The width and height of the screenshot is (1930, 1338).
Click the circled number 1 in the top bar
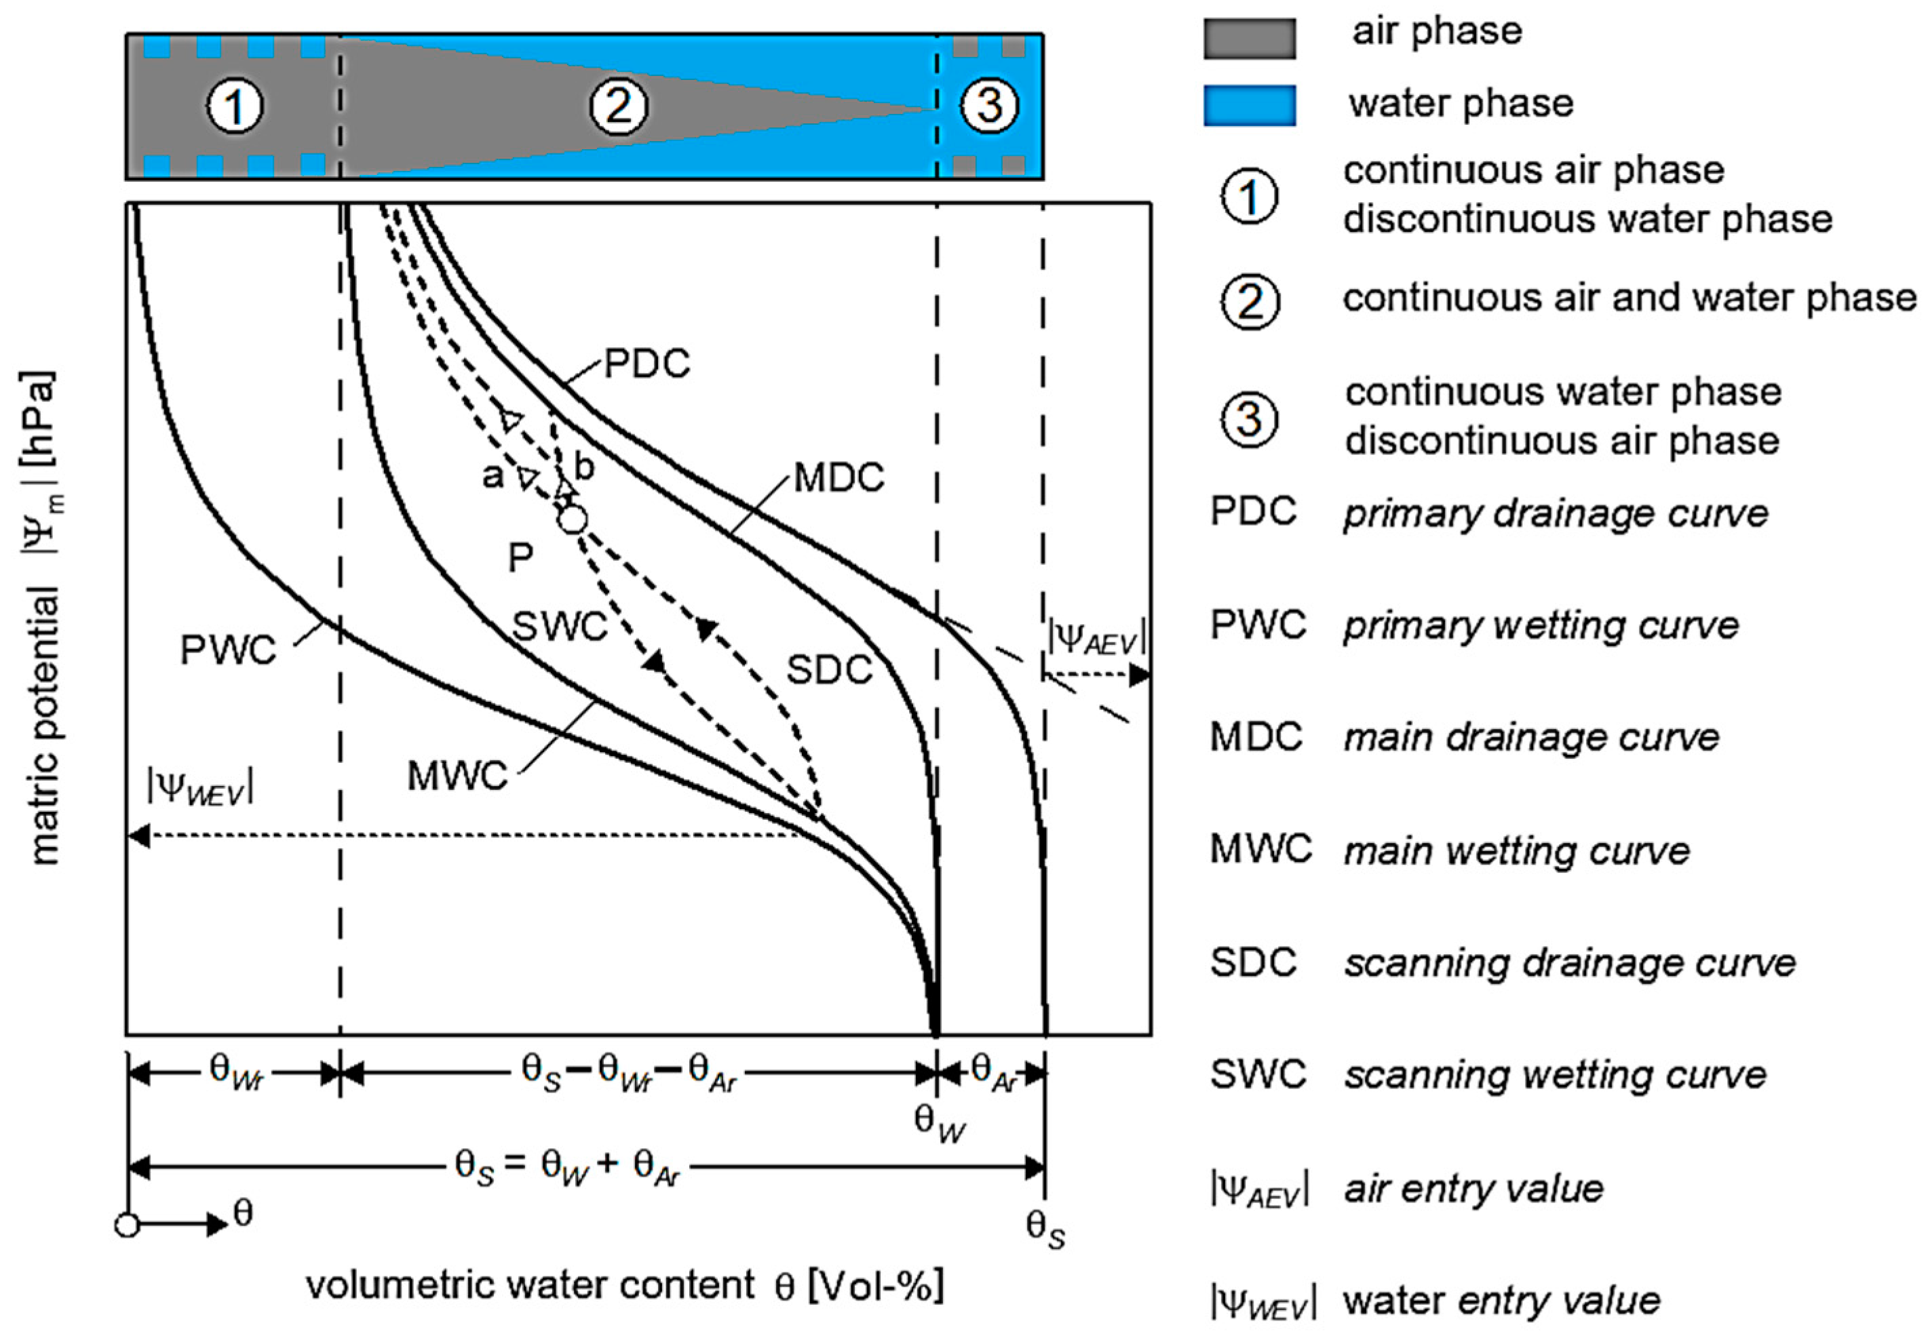coord(235,107)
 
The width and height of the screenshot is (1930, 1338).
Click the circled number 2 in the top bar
coord(618,106)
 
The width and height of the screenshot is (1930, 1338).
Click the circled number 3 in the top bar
coord(989,106)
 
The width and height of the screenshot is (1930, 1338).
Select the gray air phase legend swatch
coord(1248,39)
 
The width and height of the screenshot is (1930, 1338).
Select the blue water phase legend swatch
coord(1248,106)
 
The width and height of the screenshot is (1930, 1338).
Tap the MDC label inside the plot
coord(838,478)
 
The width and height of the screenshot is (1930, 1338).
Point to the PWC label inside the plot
coord(228,650)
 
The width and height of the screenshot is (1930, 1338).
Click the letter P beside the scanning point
coord(520,557)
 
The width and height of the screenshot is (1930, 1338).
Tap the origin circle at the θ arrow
coord(127,1225)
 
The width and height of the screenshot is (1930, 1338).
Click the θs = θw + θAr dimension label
coord(566,1166)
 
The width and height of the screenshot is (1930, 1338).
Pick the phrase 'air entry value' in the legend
coord(1473,1189)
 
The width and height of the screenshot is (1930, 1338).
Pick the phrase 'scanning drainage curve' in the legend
coord(1570,963)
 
